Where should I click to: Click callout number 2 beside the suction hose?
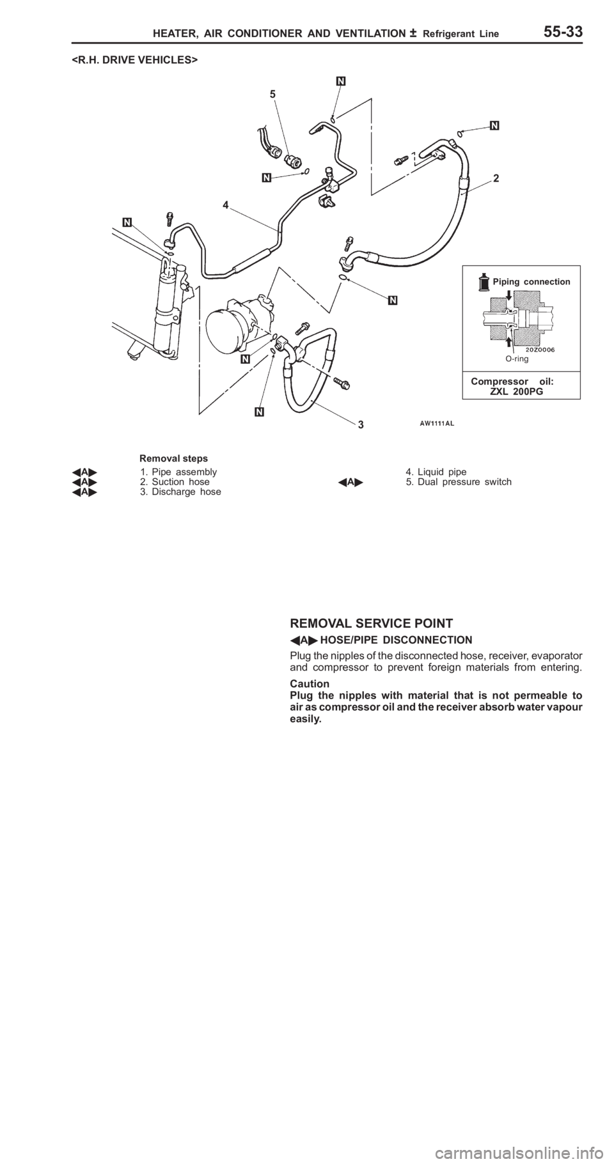coord(496,180)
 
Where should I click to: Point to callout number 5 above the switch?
coord(273,93)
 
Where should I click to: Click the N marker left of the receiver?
coord(127,222)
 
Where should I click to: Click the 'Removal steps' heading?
coord(173,458)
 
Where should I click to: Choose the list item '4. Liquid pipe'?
coord(436,472)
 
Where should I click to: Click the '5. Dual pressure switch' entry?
coord(458,482)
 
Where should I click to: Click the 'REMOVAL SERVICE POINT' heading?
coord(372,623)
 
